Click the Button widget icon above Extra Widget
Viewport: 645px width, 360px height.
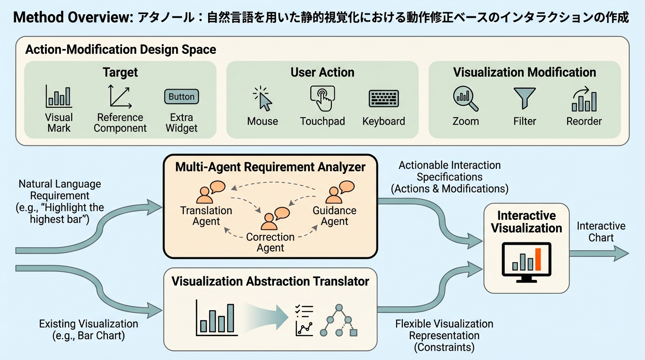pyautogui.click(x=181, y=97)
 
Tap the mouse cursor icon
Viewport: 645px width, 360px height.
pyautogui.click(x=263, y=98)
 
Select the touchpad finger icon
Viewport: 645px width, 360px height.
pyautogui.click(x=322, y=97)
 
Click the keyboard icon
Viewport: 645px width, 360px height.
pyautogui.click(x=383, y=98)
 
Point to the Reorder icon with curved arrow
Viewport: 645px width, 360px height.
pyautogui.click(x=584, y=99)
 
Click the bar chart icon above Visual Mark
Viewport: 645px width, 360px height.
pyautogui.click(x=59, y=96)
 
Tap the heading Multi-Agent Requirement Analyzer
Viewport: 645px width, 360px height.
pyautogui.click(x=270, y=166)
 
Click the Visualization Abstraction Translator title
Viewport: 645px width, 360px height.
pyautogui.click(x=270, y=281)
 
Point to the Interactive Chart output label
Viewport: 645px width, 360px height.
pyautogui.click(x=601, y=232)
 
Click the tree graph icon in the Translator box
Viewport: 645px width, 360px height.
pyautogui.click(x=338, y=320)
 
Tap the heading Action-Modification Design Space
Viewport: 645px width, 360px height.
pyautogui.click(x=120, y=50)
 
